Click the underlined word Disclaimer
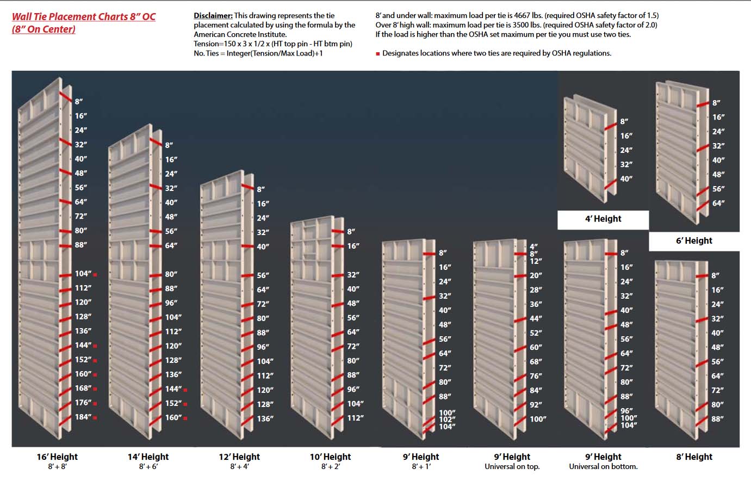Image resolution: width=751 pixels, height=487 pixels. point(213,15)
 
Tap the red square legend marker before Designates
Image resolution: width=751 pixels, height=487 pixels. point(378,54)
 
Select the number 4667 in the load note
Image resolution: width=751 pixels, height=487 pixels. point(522,15)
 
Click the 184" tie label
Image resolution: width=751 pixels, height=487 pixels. point(83,417)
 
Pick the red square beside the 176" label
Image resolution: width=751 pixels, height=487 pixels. point(95,403)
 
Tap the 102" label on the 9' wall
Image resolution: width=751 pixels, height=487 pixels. point(447,420)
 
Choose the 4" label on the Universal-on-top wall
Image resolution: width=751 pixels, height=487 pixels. point(533,247)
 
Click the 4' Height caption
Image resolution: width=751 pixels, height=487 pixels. point(603,219)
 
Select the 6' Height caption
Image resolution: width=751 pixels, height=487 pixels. point(694,241)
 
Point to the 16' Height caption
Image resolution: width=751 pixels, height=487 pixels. point(57,457)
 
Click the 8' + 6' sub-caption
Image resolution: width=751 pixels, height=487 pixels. point(148,467)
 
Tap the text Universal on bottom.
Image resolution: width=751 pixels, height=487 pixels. point(603,466)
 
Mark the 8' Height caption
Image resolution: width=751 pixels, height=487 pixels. point(694,457)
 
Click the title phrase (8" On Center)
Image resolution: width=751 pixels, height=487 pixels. point(44,29)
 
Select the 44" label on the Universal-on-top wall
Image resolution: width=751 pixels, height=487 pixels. point(536,318)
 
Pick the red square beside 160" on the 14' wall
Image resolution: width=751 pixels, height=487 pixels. point(185,418)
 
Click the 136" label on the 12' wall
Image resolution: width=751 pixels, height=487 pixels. point(265,418)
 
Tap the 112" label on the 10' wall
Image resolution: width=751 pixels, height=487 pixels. point(355,417)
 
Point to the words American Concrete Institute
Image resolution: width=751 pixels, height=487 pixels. point(240,34)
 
